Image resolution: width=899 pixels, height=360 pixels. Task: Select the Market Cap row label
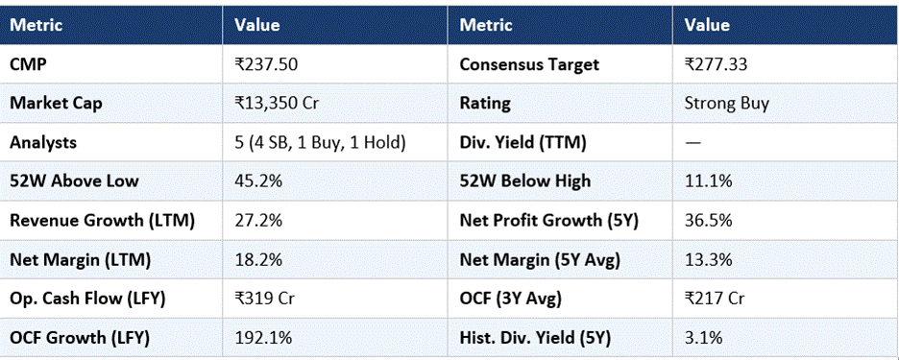[56, 104]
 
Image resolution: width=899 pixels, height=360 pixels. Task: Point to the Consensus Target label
[529, 64]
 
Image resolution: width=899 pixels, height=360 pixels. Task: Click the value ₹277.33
[716, 64]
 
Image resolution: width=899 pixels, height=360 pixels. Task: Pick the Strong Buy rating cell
[726, 105]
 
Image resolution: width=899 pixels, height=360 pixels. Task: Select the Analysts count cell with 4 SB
[321, 143]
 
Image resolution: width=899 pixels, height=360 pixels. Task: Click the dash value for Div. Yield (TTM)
[692, 143]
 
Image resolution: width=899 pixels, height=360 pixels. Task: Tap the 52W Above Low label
[74, 181]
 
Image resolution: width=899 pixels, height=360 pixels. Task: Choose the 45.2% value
[258, 181]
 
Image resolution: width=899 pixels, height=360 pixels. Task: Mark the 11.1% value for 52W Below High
[708, 181]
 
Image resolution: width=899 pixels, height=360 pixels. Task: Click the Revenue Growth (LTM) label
[102, 221]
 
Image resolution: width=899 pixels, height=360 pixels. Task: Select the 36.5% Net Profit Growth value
[708, 221]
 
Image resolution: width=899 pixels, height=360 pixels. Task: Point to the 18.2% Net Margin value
[258, 260]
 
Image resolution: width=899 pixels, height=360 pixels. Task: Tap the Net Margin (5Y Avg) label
[540, 260]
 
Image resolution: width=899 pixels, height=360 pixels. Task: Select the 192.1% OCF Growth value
[263, 338]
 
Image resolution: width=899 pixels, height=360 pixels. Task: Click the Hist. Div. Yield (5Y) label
[536, 338]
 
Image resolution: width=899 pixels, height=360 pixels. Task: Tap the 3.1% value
[703, 338]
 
